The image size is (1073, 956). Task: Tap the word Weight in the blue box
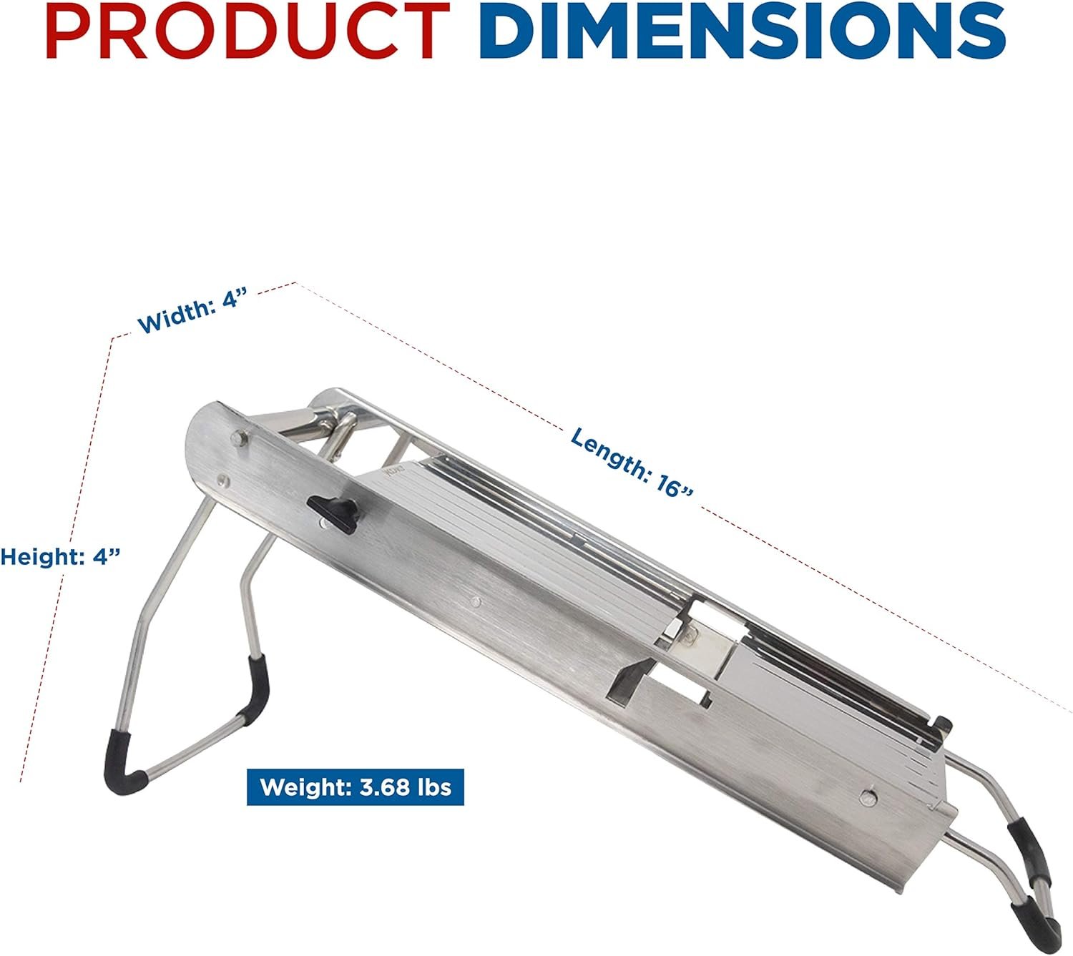[303, 788]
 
